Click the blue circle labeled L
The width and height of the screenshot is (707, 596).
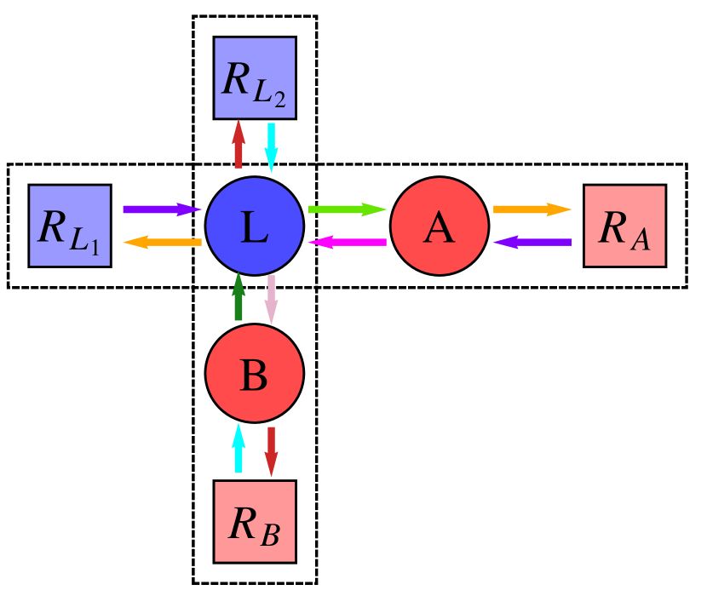pos(254,226)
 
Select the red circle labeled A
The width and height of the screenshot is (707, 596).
pos(439,226)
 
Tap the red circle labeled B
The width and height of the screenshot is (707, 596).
pos(254,373)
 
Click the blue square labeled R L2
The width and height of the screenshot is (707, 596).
pos(254,77)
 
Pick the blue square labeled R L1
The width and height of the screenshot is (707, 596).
pos(70,226)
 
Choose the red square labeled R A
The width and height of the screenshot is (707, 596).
pos(624,226)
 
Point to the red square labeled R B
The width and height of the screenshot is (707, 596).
pos(254,521)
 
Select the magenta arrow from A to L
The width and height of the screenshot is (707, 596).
pos(347,243)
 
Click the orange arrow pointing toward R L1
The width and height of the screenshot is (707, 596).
pos(162,243)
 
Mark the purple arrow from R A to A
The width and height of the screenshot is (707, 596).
pos(532,243)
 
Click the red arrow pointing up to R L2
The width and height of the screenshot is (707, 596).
pos(239,144)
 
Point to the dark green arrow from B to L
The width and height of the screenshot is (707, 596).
pos(239,297)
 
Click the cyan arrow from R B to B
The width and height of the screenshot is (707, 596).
pos(239,447)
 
